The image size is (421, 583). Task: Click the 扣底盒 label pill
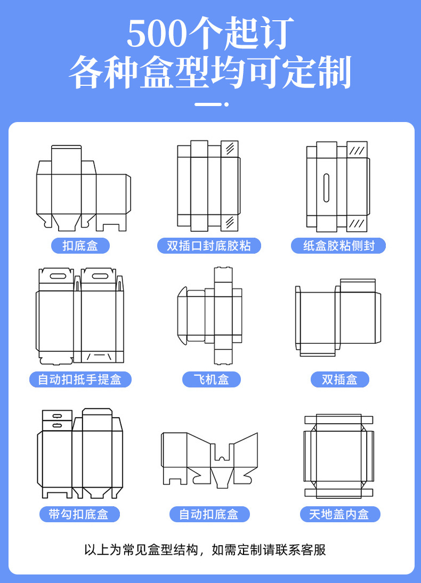pos(80,246)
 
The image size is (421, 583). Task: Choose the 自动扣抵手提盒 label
pos(80,379)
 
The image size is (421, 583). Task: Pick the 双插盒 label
pos(339,379)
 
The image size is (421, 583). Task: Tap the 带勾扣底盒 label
pos(79,514)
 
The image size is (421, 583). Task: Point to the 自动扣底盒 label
pos(209,514)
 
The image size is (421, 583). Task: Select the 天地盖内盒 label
pos(339,514)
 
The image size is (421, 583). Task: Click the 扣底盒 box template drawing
pos(82,188)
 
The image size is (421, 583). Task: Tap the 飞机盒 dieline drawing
pos(210,315)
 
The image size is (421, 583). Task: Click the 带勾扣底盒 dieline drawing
pos(80,454)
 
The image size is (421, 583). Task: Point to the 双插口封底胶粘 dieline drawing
pos(209,186)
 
